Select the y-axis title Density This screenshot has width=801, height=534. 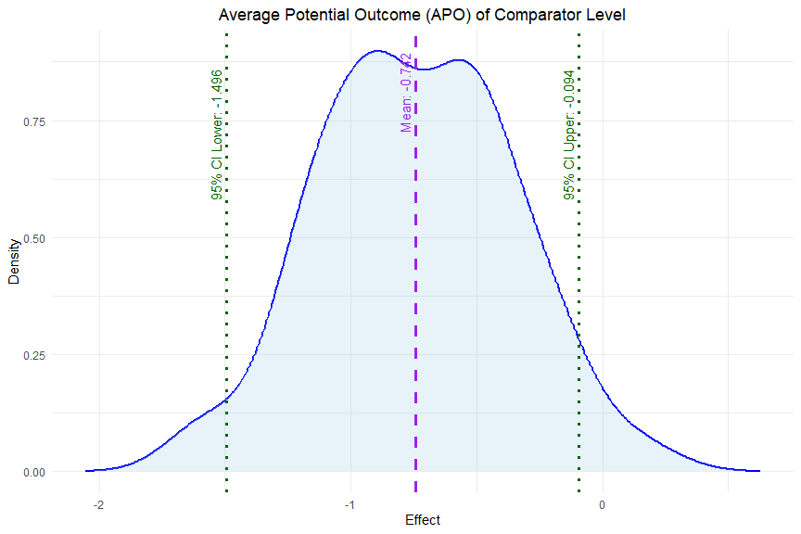click(15, 261)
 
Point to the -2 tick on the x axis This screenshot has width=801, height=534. click(99, 504)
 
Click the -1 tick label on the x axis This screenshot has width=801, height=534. click(350, 504)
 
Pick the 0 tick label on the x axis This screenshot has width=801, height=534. click(604, 504)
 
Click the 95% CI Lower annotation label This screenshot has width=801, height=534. click(217, 135)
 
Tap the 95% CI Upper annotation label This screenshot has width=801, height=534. click(569, 135)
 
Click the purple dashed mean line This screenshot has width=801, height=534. click(415, 278)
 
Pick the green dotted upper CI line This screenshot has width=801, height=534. click(578, 278)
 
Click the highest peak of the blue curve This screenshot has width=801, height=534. click(377, 51)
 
